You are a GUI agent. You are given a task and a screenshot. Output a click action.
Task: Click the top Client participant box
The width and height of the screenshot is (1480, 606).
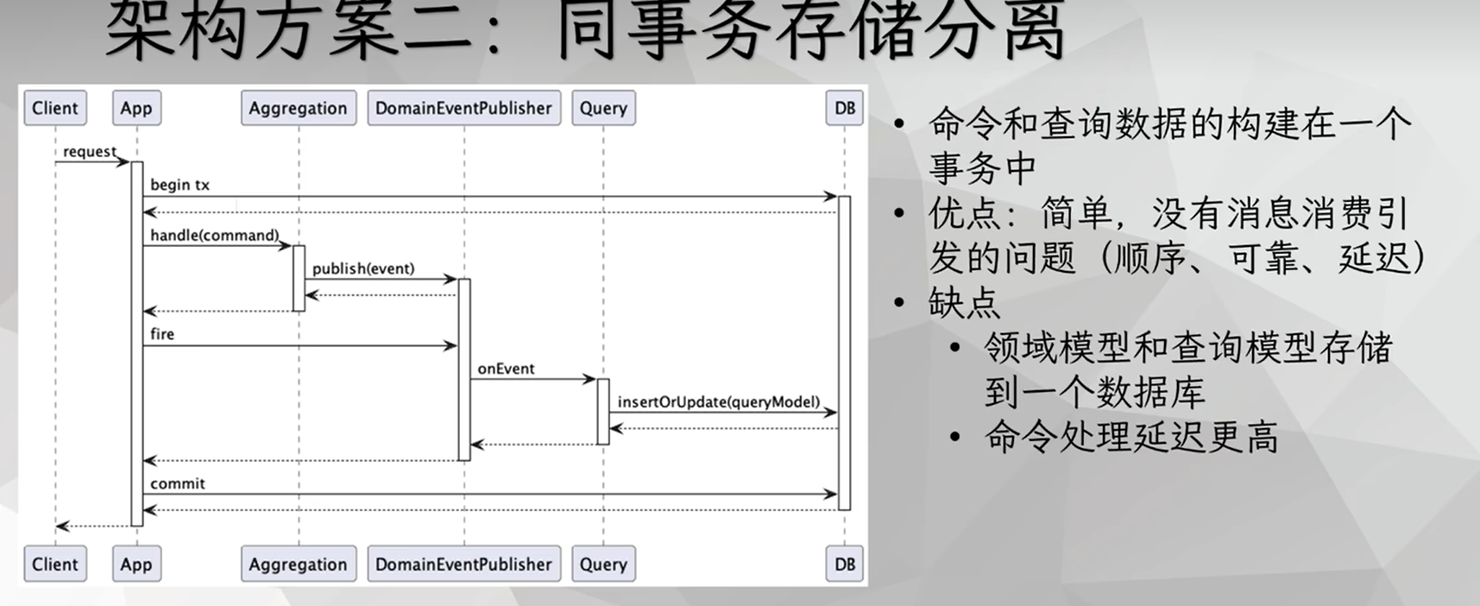coord(55,108)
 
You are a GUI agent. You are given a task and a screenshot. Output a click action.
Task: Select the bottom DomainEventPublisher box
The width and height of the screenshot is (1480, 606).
coord(463,565)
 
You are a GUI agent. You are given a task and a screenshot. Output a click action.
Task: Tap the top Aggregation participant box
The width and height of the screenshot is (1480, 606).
coord(298,108)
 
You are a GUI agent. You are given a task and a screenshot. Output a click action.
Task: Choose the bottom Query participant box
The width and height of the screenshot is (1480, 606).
coord(603,565)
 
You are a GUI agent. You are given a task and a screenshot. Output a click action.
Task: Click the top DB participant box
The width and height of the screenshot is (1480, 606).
coord(844,108)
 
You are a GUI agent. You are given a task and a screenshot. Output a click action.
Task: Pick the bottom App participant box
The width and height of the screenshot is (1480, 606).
coord(136,565)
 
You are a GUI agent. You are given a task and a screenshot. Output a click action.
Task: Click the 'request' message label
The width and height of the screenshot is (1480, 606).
coord(89,152)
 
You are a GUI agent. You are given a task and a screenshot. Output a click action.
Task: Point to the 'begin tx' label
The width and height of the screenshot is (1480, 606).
coord(179,185)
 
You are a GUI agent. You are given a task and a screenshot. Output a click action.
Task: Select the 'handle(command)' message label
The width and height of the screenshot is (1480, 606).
coord(214,235)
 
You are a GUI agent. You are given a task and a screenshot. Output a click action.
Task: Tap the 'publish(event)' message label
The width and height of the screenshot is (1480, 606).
coord(363,268)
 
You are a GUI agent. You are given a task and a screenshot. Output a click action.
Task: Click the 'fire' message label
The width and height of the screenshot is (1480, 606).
coord(162,334)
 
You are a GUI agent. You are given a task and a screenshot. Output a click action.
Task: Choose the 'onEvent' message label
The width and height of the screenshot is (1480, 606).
coord(506,369)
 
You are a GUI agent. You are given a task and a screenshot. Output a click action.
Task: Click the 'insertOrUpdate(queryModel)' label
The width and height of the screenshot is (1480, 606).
coord(718,401)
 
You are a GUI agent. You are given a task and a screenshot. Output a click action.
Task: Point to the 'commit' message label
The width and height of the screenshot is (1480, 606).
coord(177,483)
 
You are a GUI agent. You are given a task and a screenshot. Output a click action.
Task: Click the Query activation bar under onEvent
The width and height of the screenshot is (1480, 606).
coord(603,412)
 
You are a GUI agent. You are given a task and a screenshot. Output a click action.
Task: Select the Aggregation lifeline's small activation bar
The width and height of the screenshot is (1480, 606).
coord(299,278)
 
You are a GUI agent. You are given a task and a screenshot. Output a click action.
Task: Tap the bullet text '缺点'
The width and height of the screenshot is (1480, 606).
coord(964,303)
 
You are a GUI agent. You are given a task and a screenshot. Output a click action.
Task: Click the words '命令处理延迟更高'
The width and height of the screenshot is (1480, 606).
coord(1130,438)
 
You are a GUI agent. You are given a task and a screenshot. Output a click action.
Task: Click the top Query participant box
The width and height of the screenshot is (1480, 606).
coord(603,108)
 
